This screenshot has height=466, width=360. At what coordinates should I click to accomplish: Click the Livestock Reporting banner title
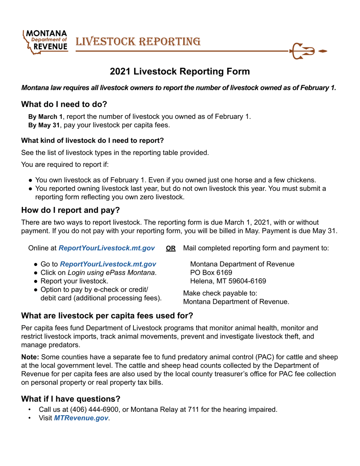[x=138, y=41]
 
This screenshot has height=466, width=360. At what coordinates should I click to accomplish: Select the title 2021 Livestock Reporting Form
[x=180, y=71]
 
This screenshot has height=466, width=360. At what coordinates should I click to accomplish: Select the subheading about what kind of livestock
[x=92, y=141]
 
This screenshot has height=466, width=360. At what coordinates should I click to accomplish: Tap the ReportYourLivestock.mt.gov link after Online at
[x=106, y=248]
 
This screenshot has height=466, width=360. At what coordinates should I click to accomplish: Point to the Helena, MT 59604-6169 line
[x=227, y=281]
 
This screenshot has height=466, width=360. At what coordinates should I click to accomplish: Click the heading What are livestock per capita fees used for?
[x=107, y=315]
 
